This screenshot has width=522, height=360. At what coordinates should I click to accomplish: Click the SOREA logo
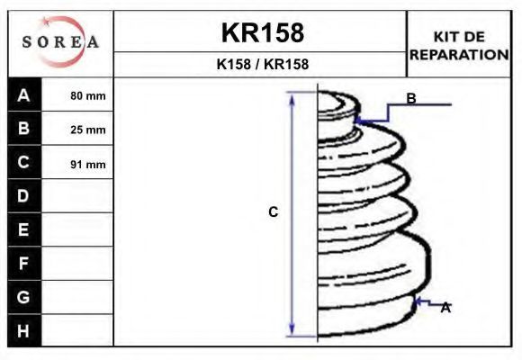pos(60,41)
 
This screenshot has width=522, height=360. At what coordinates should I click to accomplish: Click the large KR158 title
pos(263,33)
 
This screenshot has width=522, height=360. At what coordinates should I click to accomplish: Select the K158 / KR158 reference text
pos(263,64)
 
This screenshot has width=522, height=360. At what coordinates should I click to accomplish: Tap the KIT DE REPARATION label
pos(459,46)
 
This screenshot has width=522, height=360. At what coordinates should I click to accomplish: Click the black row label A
pos(23,95)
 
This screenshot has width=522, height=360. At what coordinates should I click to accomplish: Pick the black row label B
pos(23,128)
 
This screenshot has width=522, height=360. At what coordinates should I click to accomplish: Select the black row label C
pos(23,162)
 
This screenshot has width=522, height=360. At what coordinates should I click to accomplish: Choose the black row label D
pos(23,196)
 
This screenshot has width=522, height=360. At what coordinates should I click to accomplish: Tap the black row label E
pos(23,229)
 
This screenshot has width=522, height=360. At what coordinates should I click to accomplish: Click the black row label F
pos(23,264)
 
